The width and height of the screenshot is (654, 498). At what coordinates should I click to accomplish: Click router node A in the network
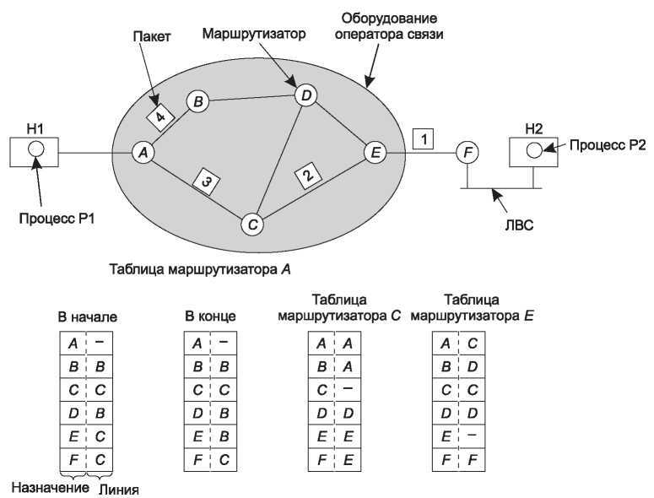coord(143,153)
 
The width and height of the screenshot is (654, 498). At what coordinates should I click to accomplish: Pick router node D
coord(306,96)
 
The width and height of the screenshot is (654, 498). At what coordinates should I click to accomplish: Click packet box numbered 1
coord(424,137)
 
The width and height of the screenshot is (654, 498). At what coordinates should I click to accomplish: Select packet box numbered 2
coord(308,176)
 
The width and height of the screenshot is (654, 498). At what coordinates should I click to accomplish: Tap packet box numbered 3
coord(205,180)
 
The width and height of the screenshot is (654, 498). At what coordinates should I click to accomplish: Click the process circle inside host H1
coord(35,151)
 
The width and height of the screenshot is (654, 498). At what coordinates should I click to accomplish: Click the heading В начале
coord(87,317)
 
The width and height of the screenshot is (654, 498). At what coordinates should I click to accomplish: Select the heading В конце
coord(210,317)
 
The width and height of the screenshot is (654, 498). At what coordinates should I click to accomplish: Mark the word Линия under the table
coord(118,488)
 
